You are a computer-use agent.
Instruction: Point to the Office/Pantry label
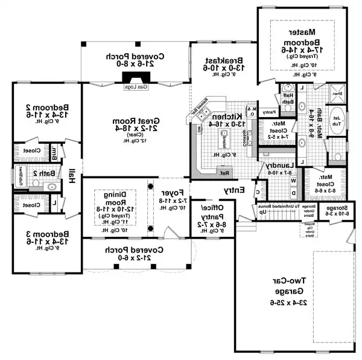pos(214,218)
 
